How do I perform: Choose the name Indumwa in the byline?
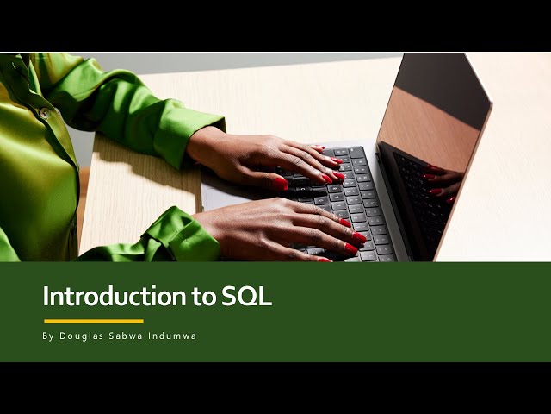[171, 336]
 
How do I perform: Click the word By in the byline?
[47, 336]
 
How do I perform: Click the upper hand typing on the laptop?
[258, 155]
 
